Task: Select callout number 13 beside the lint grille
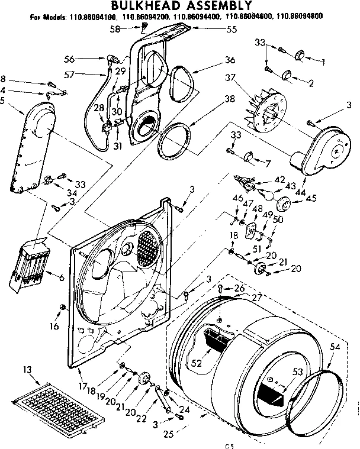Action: coord(26,370)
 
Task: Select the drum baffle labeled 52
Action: coord(217,341)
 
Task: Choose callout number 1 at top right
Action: coord(323,61)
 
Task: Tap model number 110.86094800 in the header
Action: coord(302,17)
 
